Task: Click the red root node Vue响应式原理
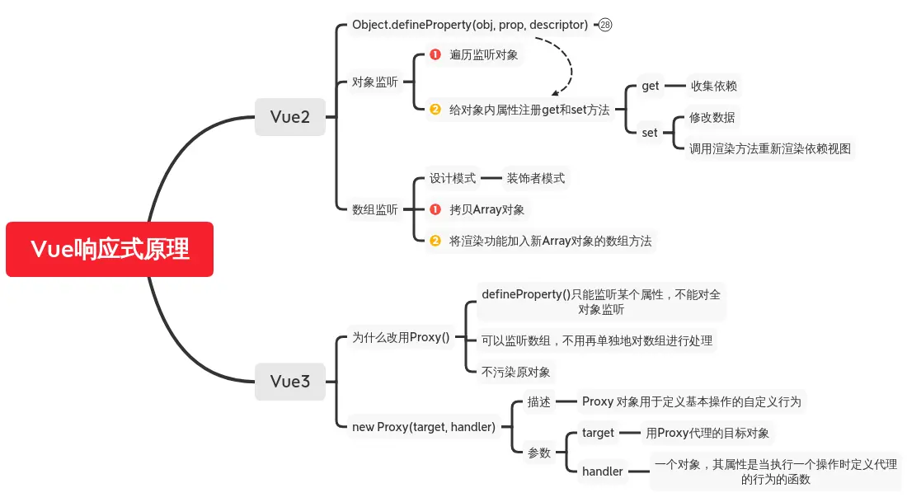110,249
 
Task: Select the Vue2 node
290,117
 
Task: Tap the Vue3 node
290,381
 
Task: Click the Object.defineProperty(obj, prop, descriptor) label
470,25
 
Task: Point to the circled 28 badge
605,25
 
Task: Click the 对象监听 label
374,82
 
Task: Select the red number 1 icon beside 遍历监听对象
435,55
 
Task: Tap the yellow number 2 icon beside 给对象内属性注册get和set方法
435,110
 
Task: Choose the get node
651,86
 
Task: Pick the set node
650,132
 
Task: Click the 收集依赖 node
713,86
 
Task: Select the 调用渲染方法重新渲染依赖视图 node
770,148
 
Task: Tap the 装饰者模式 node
535,178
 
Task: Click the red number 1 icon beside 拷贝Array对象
435,209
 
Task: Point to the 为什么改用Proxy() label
401,337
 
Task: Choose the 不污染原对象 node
515,372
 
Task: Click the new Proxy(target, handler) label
424,426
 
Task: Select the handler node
602,472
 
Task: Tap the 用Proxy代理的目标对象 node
707,433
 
